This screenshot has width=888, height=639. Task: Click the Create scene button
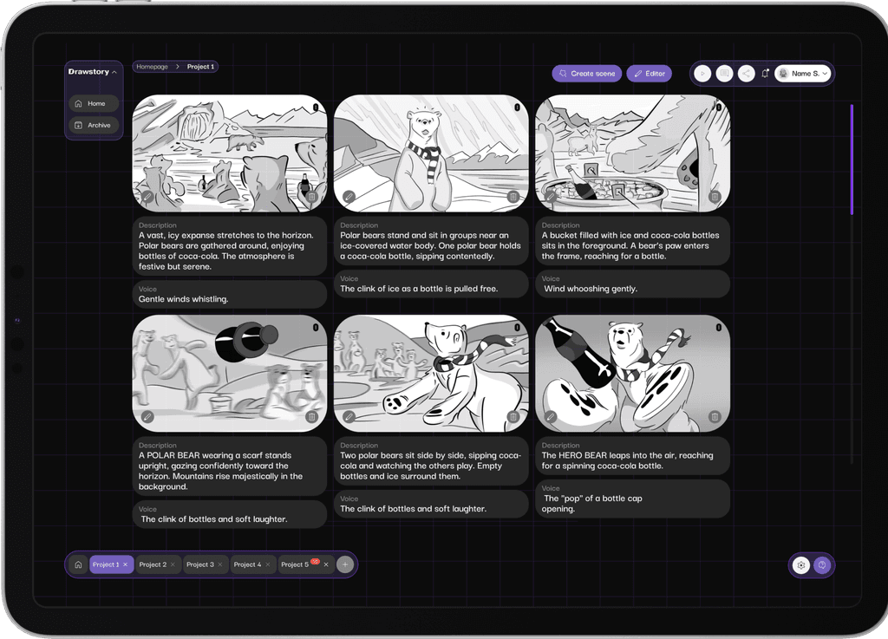click(587, 74)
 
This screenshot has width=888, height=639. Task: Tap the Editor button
click(649, 74)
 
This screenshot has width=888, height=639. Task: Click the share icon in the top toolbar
click(746, 74)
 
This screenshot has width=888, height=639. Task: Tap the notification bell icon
click(765, 74)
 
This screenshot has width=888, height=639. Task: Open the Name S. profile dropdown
click(803, 74)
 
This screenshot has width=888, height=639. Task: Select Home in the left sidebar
click(95, 103)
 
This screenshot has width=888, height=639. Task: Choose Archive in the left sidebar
click(95, 125)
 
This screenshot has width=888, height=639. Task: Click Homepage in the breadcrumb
click(152, 67)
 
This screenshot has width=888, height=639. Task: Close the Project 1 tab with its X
click(126, 564)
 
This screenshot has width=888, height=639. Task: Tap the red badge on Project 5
click(316, 561)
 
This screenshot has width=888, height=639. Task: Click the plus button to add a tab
click(345, 564)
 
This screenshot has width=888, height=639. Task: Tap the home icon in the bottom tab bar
click(78, 564)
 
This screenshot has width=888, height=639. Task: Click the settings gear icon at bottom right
click(801, 564)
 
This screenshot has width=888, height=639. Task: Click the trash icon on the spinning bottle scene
click(715, 417)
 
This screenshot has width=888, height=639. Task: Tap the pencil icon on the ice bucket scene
click(551, 197)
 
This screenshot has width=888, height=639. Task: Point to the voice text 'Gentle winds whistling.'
click(184, 299)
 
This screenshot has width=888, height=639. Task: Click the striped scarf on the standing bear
click(425, 153)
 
